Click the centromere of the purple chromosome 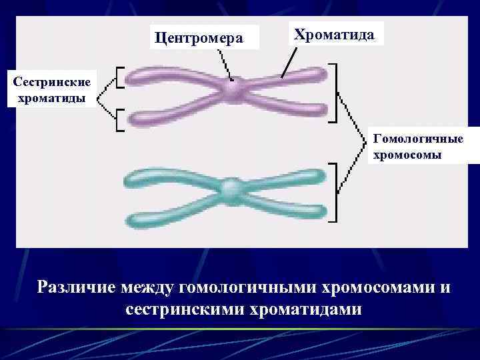[232, 89]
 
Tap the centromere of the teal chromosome [231, 189]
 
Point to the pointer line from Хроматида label [289, 64]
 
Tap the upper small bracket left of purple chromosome [119, 77]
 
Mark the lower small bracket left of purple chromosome [119, 120]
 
